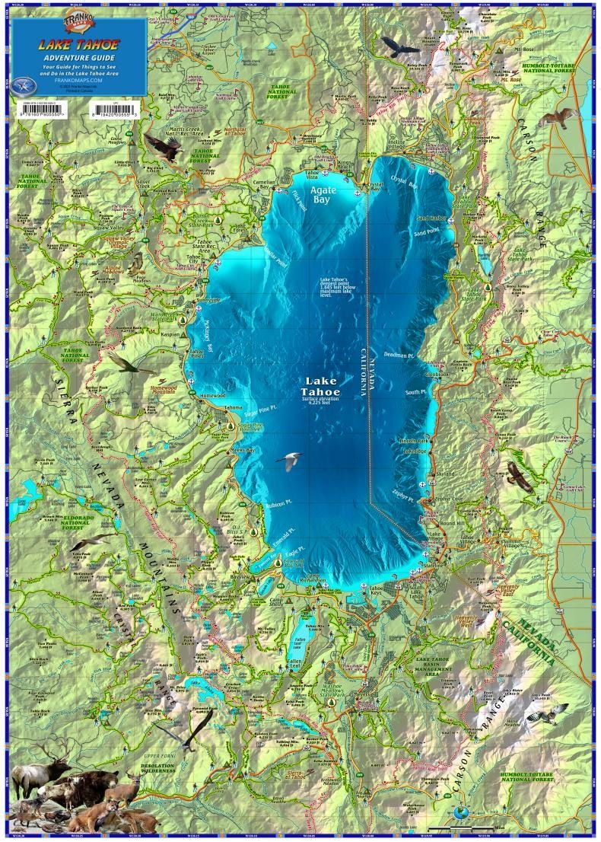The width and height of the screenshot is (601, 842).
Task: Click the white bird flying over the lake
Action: point(289,461)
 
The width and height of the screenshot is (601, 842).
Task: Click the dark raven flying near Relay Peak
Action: point(401,48)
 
